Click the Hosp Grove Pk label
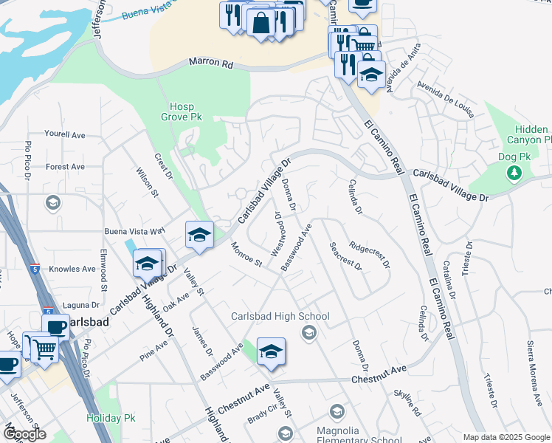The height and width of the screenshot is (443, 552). pyautogui.click(x=181, y=111)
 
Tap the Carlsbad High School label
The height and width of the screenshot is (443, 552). pyautogui.click(x=280, y=317)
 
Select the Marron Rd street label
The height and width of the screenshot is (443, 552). pyautogui.click(x=211, y=63)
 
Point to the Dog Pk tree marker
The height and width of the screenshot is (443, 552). pyautogui.click(x=514, y=173)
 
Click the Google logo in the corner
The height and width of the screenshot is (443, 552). pyautogui.click(x=24, y=434)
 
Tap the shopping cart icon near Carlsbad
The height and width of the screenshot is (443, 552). pyautogui.click(x=44, y=348)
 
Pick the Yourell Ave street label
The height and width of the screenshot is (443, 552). pyautogui.click(x=65, y=135)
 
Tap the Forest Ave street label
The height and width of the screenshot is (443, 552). pyautogui.click(x=66, y=167)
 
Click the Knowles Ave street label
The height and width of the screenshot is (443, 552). pyautogui.click(x=74, y=269)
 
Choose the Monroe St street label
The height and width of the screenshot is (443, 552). pyautogui.click(x=246, y=254)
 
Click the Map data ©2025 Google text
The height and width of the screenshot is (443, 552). pyautogui.click(x=506, y=437)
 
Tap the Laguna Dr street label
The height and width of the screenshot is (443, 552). pyautogui.click(x=81, y=305)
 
